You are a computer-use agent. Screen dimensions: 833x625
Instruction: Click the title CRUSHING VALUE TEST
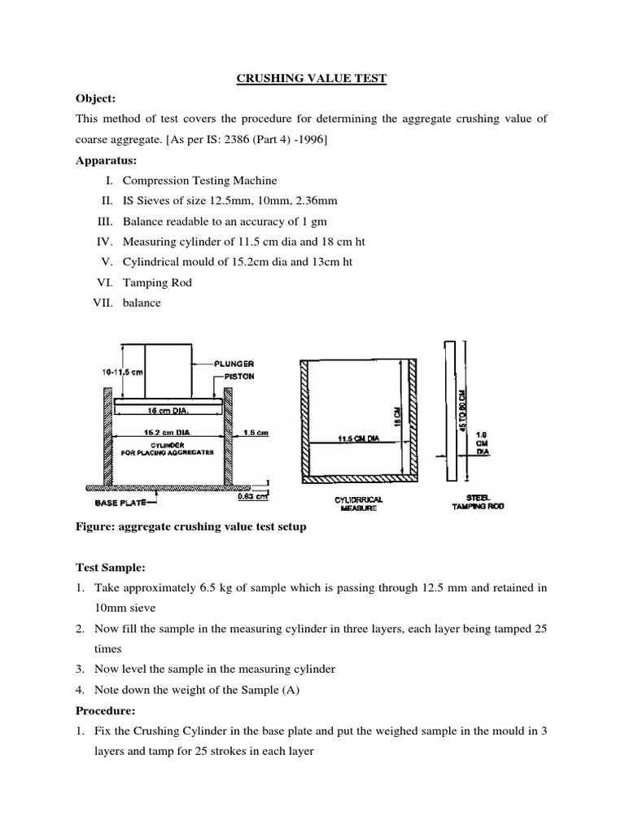[x=312, y=78]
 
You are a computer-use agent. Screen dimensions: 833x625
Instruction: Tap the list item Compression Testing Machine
[x=199, y=181]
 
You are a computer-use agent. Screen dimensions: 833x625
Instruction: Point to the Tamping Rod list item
[x=157, y=282]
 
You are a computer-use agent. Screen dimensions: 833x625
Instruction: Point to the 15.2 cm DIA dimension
[x=166, y=433]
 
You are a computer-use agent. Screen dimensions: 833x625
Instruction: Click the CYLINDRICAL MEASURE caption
[x=358, y=503]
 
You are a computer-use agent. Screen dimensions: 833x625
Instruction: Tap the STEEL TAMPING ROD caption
[x=479, y=503]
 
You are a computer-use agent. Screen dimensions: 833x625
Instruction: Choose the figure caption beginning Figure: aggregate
[x=191, y=526]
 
